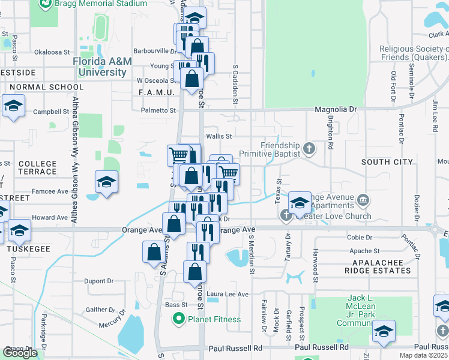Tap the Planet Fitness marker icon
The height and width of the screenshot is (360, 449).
[x=178, y=319]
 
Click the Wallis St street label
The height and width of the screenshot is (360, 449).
[x=219, y=136]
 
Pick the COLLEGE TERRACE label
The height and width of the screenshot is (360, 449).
[x=37, y=167]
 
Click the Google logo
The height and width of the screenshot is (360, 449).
[x=20, y=353]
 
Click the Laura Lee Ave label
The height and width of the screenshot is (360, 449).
[x=228, y=294]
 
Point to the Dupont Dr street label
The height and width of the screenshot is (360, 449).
[x=99, y=280]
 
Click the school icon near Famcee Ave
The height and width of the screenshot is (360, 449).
[x=106, y=182]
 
